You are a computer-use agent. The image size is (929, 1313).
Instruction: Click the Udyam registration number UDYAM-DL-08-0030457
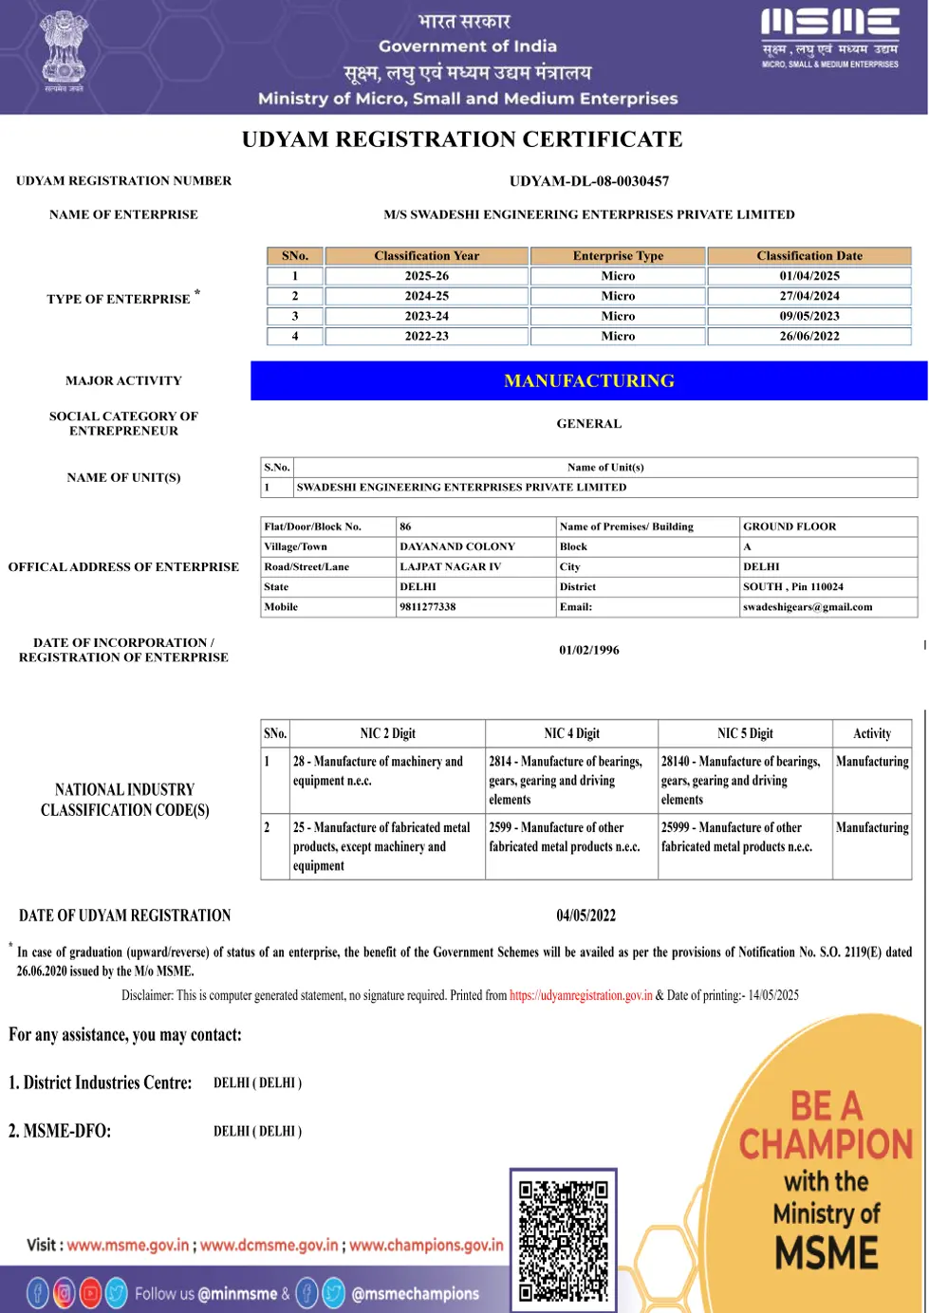tap(588, 181)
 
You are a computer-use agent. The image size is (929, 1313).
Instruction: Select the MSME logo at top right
tap(829, 38)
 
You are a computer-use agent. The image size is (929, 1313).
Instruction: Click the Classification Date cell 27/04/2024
tap(809, 296)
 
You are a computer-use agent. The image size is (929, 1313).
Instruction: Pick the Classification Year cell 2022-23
tap(426, 336)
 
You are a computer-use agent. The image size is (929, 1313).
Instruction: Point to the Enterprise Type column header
tap(618, 256)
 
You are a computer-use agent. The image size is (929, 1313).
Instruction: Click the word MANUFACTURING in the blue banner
tap(589, 380)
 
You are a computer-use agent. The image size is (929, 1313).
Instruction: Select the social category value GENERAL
tap(588, 424)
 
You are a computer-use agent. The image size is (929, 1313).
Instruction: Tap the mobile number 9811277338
tap(428, 607)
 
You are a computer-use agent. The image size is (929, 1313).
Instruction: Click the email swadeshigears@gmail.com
tap(808, 607)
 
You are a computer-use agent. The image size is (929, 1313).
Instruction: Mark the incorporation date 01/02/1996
tap(588, 650)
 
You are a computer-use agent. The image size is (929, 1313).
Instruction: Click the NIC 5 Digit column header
tap(745, 733)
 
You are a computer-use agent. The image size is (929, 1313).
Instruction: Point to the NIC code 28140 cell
tap(740, 780)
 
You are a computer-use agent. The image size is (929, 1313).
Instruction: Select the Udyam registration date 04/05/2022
tap(585, 915)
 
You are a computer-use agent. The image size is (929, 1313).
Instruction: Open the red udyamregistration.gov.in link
tap(581, 995)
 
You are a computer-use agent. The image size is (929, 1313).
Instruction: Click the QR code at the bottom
tap(564, 1238)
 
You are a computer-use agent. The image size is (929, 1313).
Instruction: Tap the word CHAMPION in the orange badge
tap(826, 1144)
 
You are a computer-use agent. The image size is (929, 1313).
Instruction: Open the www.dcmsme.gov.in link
tap(269, 1245)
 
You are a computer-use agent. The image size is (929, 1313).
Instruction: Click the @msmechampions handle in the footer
tap(415, 1293)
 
